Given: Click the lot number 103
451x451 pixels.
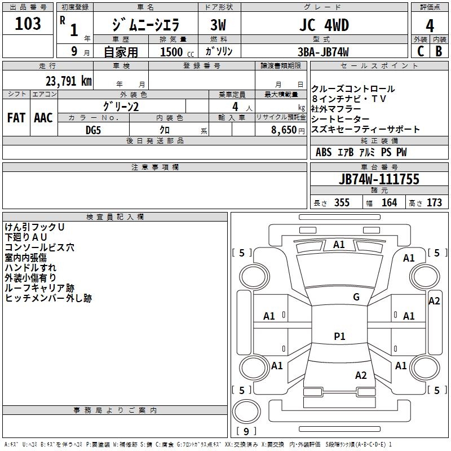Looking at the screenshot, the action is click(28, 24).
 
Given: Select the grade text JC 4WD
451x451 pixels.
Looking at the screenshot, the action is click(324, 25).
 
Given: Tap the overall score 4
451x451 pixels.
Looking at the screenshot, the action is click(430, 26).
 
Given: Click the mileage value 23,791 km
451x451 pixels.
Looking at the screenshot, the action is click(68, 80).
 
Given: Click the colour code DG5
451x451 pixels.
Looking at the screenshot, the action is click(93, 129).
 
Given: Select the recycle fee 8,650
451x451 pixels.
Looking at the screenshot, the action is click(286, 129).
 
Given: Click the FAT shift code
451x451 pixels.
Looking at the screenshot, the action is click(16, 118).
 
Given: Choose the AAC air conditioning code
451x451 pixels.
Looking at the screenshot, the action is click(43, 118).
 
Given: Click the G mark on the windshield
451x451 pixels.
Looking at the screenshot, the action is click(356, 297).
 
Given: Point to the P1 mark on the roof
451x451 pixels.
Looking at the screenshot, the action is click(339, 337).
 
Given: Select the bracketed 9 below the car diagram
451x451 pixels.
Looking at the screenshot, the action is click(246, 432).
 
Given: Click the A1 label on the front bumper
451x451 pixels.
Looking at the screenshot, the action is click(339, 245).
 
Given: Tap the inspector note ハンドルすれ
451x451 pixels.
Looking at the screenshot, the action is click(31, 267).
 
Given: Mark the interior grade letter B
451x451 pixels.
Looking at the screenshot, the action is click(439, 51).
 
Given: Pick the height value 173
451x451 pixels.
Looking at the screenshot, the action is click(434, 202).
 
